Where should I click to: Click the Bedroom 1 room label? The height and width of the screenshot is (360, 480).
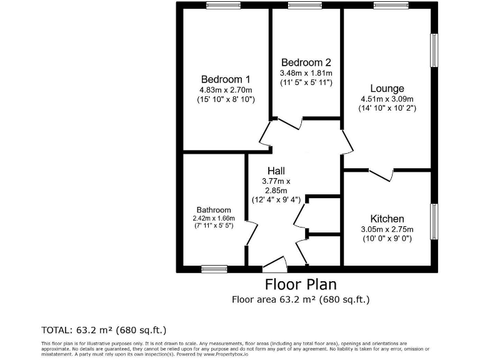pos(226,79)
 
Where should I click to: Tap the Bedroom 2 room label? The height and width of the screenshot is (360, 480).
pos(306,62)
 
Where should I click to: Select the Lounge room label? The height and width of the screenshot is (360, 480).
pos(387,89)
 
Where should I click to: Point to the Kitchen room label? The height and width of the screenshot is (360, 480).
pos(387,219)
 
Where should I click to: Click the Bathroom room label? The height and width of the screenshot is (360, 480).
pos(214,210)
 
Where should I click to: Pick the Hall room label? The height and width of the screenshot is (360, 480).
pos(276,171)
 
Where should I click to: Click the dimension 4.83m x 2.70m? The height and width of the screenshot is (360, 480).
pos(226,89)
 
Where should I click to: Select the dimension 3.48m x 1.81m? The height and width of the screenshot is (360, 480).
pos(306,73)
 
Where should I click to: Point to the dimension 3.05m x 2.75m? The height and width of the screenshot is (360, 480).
pos(387,229)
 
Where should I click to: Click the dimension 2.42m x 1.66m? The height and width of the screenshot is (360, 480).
pos(214,218)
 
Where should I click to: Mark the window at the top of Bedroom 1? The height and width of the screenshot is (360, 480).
pos(224,6)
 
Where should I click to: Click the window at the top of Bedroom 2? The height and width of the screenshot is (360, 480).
pos(305,6)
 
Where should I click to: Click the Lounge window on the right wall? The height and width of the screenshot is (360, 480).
pos(433,49)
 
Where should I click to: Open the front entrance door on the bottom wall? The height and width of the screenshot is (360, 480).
pos(274,265)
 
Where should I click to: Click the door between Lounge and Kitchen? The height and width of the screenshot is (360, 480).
pos(381,172)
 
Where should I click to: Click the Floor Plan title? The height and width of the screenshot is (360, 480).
pos(301,284)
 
